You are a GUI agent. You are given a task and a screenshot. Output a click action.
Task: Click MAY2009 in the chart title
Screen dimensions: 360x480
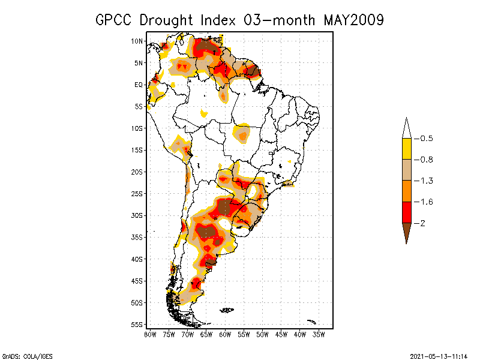[353, 20]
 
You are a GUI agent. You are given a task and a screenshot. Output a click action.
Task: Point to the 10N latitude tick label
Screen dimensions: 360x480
[137, 41]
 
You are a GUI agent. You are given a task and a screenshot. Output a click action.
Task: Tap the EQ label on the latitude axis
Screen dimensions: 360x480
[138, 85]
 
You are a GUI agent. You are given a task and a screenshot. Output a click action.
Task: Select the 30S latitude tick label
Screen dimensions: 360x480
[137, 215]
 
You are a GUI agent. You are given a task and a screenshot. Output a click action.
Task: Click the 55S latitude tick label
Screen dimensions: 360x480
[137, 325]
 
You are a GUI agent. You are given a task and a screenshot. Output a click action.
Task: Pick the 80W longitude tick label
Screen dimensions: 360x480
[150, 334]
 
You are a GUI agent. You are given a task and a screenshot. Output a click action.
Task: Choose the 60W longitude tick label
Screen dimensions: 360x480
[225, 334]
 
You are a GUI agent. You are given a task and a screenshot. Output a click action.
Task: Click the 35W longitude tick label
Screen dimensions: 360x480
[319, 334]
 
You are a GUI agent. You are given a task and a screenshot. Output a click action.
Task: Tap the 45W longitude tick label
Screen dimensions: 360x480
[281, 334]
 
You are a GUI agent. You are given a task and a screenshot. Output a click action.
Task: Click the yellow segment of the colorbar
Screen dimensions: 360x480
[406, 149]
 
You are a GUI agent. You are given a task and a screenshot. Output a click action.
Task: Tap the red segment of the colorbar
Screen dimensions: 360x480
[406, 212]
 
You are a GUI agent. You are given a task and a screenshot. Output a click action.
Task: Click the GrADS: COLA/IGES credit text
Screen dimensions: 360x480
[22, 356]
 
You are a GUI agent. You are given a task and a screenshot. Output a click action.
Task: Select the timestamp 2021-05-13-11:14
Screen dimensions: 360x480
[439, 356]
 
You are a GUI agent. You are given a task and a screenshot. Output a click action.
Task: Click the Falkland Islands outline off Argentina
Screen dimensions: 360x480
[227, 310]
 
